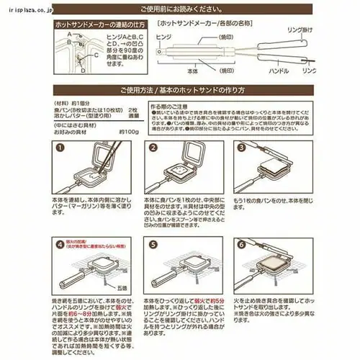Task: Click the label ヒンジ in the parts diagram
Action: coord(164,35)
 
